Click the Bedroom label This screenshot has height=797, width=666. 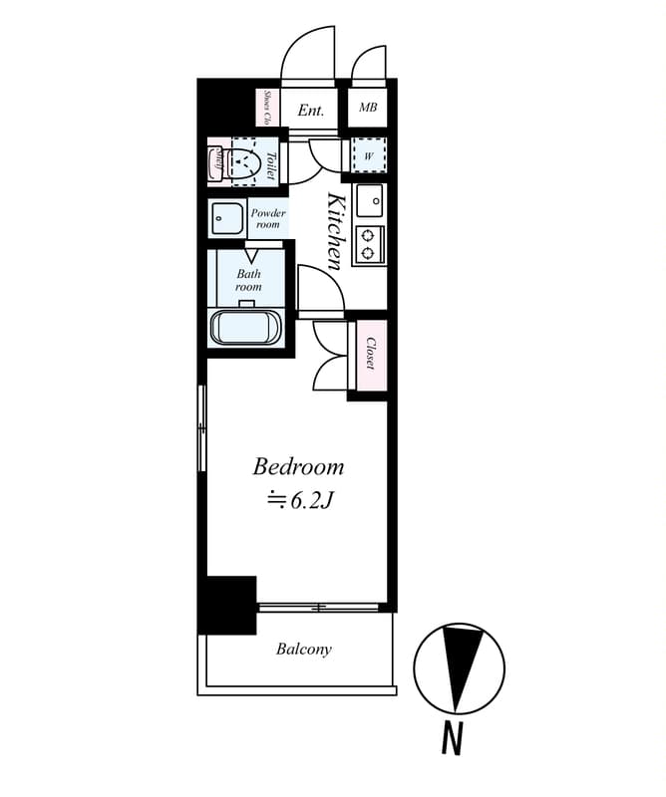point(298,466)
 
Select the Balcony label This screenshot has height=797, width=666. point(304,650)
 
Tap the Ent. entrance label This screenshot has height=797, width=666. point(311,111)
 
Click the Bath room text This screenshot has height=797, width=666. point(248,280)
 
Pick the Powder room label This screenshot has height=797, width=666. point(267,218)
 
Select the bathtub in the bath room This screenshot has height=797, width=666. point(245,327)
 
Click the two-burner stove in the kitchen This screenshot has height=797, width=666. point(370,243)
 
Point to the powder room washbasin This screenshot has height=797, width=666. point(227,218)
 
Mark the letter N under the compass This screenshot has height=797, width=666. point(453,738)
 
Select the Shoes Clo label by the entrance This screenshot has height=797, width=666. point(268,108)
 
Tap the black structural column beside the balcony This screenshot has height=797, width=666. point(227,604)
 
